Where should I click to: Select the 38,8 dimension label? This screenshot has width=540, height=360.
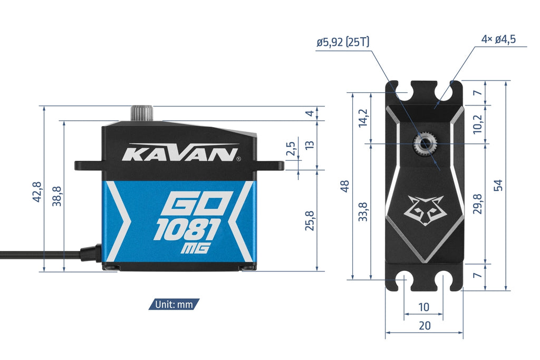[x=57, y=196]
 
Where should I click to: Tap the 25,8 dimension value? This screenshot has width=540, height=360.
[x=310, y=221]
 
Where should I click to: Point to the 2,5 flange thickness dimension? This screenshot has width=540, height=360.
[x=291, y=149]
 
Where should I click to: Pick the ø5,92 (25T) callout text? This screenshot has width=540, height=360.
[x=343, y=42]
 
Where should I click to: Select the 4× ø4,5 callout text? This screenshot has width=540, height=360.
[x=498, y=39]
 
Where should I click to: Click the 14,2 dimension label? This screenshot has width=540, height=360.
[x=363, y=118]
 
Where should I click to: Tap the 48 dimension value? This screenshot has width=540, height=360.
[x=344, y=186]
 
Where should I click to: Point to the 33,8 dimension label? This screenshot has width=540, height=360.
[x=363, y=212]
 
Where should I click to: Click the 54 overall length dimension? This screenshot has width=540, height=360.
[x=498, y=185]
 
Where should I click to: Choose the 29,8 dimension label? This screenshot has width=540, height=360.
[x=478, y=204]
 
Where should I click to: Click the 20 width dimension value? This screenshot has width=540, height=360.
[x=425, y=326]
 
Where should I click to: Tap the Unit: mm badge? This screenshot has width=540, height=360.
[x=174, y=304]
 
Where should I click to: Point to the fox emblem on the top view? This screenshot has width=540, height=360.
[x=426, y=210]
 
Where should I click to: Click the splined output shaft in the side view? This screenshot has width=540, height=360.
[x=141, y=113]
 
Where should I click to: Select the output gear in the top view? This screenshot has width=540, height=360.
[x=425, y=144]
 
